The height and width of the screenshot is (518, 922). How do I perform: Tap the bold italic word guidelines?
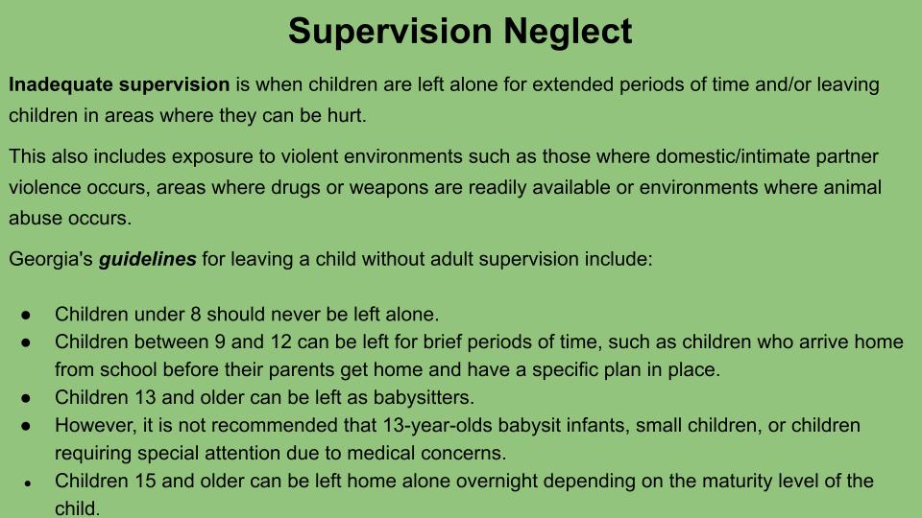[148, 260]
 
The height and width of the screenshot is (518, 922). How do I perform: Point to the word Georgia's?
[51, 260]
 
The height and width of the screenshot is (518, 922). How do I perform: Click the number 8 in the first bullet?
[196, 315]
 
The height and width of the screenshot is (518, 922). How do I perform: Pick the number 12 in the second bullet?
[281, 341]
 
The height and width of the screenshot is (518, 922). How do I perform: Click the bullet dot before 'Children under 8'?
[26, 316]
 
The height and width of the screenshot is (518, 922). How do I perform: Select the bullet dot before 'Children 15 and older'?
[28, 483]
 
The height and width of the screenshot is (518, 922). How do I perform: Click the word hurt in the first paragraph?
[347, 116]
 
